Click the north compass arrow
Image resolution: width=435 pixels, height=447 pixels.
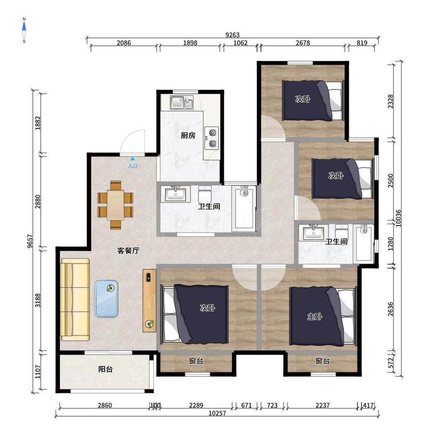24,27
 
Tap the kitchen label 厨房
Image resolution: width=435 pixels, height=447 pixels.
188,135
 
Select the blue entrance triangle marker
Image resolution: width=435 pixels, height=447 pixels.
133,159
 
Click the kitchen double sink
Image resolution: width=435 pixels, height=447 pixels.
182,102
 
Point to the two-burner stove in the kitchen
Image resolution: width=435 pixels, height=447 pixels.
211,138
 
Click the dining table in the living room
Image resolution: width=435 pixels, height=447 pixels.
115,205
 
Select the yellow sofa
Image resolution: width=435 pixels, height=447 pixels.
75,300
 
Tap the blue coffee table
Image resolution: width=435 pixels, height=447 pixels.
106,299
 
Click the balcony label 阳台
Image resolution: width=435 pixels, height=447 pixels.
105,369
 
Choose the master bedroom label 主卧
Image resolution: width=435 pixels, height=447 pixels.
314,317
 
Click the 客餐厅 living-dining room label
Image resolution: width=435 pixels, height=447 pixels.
128,250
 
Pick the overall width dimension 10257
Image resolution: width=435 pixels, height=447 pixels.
217,413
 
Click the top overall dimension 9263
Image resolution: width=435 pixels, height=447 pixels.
233,35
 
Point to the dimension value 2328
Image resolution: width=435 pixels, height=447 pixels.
391,101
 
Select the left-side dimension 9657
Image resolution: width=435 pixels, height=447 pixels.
30,241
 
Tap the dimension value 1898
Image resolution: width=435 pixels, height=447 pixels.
190,43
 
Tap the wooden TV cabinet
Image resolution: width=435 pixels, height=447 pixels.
149,301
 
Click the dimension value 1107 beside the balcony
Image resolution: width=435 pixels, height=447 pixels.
38,372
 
